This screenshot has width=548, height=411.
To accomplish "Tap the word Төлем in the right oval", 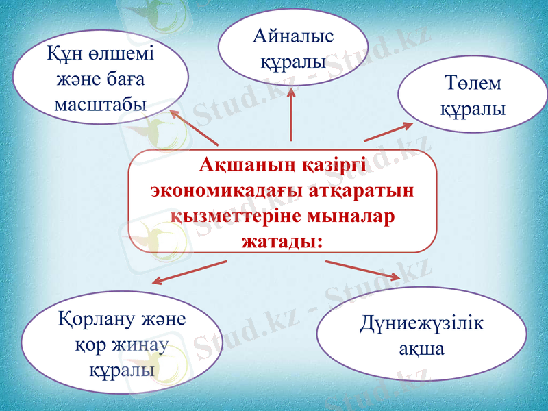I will pyautogui.click(x=472, y=84).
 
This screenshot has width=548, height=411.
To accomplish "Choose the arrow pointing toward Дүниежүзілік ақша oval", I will pyautogui.click(x=362, y=270).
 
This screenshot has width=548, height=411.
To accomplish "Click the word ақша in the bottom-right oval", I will pyautogui.click(x=421, y=349).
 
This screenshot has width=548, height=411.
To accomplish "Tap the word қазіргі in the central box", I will pyautogui.click(x=334, y=166).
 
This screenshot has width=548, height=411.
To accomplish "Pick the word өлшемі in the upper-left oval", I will pyautogui.click(x=121, y=53).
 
